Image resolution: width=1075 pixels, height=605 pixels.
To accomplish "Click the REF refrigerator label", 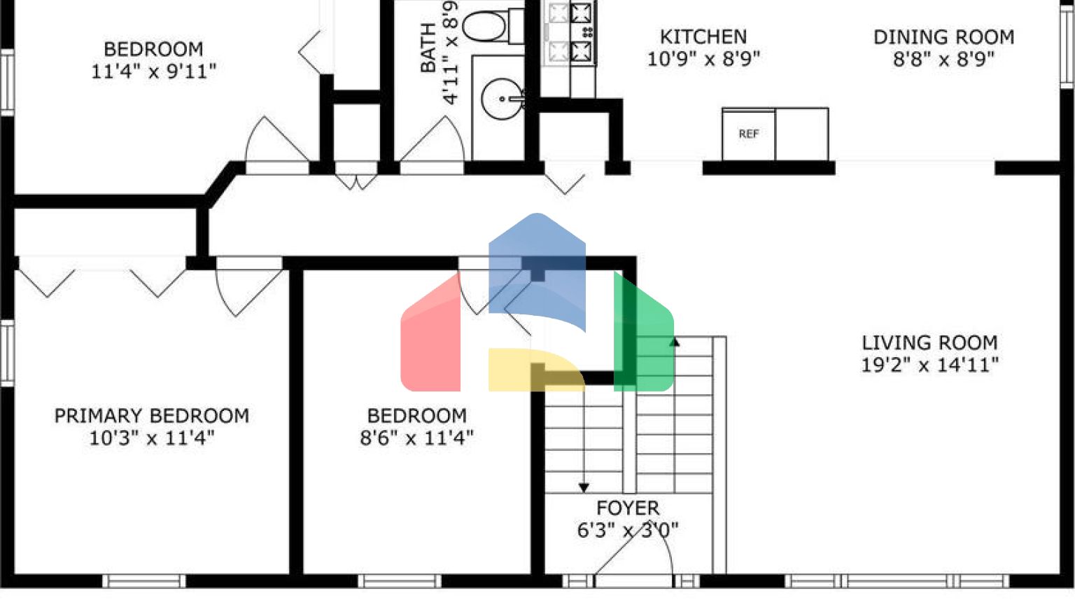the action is click(749, 134).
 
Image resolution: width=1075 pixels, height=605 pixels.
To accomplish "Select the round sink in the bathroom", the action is click(503, 99).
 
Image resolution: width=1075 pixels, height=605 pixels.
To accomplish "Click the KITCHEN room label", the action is click(703, 37).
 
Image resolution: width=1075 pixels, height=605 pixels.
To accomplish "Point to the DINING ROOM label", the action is click(943, 37).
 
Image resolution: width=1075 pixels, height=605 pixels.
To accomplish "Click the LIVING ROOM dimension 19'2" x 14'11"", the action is click(929, 365).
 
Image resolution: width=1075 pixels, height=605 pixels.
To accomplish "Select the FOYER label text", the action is click(628, 508).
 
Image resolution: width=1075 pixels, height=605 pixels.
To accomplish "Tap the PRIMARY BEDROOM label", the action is click(152, 416).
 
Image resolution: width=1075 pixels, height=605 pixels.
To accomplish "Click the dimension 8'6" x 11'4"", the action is click(416, 438).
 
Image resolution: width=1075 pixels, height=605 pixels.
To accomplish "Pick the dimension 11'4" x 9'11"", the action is click(153, 71).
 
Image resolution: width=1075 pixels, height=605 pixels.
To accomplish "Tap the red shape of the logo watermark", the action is click(430, 336).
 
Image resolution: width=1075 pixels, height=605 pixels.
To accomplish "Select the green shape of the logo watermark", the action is click(644, 336).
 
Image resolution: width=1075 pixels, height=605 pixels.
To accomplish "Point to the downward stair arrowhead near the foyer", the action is click(584, 488).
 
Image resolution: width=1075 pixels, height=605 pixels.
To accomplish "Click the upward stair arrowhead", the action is click(675, 342).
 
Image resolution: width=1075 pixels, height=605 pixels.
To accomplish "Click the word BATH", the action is click(428, 48).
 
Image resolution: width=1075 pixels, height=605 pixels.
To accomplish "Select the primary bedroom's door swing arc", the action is click(223, 293).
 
